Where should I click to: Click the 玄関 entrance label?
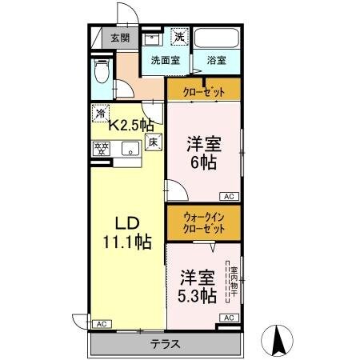pyautogui.click(x=120, y=38)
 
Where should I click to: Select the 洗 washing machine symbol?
pyautogui.click(x=181, y=37)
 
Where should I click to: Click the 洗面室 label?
pyautogui.click(x=166, y=60)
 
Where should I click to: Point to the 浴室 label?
pyautogui.click(x=216, y=60)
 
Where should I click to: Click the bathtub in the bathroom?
pyautogui.click(x=217, y=38)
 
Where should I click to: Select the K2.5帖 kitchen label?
pyautogui.click(x=131, y=124)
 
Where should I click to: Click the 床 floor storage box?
pyautogui.click(x=153, y=142)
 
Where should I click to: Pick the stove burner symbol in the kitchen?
pyautogui.click(x=102, y=149)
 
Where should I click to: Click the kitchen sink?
pyautogui.click(x=127, y=149)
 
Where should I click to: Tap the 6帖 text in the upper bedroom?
pyautogui.click(x=202, y=162)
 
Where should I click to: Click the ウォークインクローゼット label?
pyautogui.click(x=203, y=222)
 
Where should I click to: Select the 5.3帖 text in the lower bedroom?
pyautogui.click(x=197, y=296)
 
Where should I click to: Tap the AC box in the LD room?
pyautogui.click(x=101, y=324)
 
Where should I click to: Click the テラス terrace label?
pyautogui.click(x=165, y=345)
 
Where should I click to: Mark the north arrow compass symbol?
pyautogui.click(x=280, y=341)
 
